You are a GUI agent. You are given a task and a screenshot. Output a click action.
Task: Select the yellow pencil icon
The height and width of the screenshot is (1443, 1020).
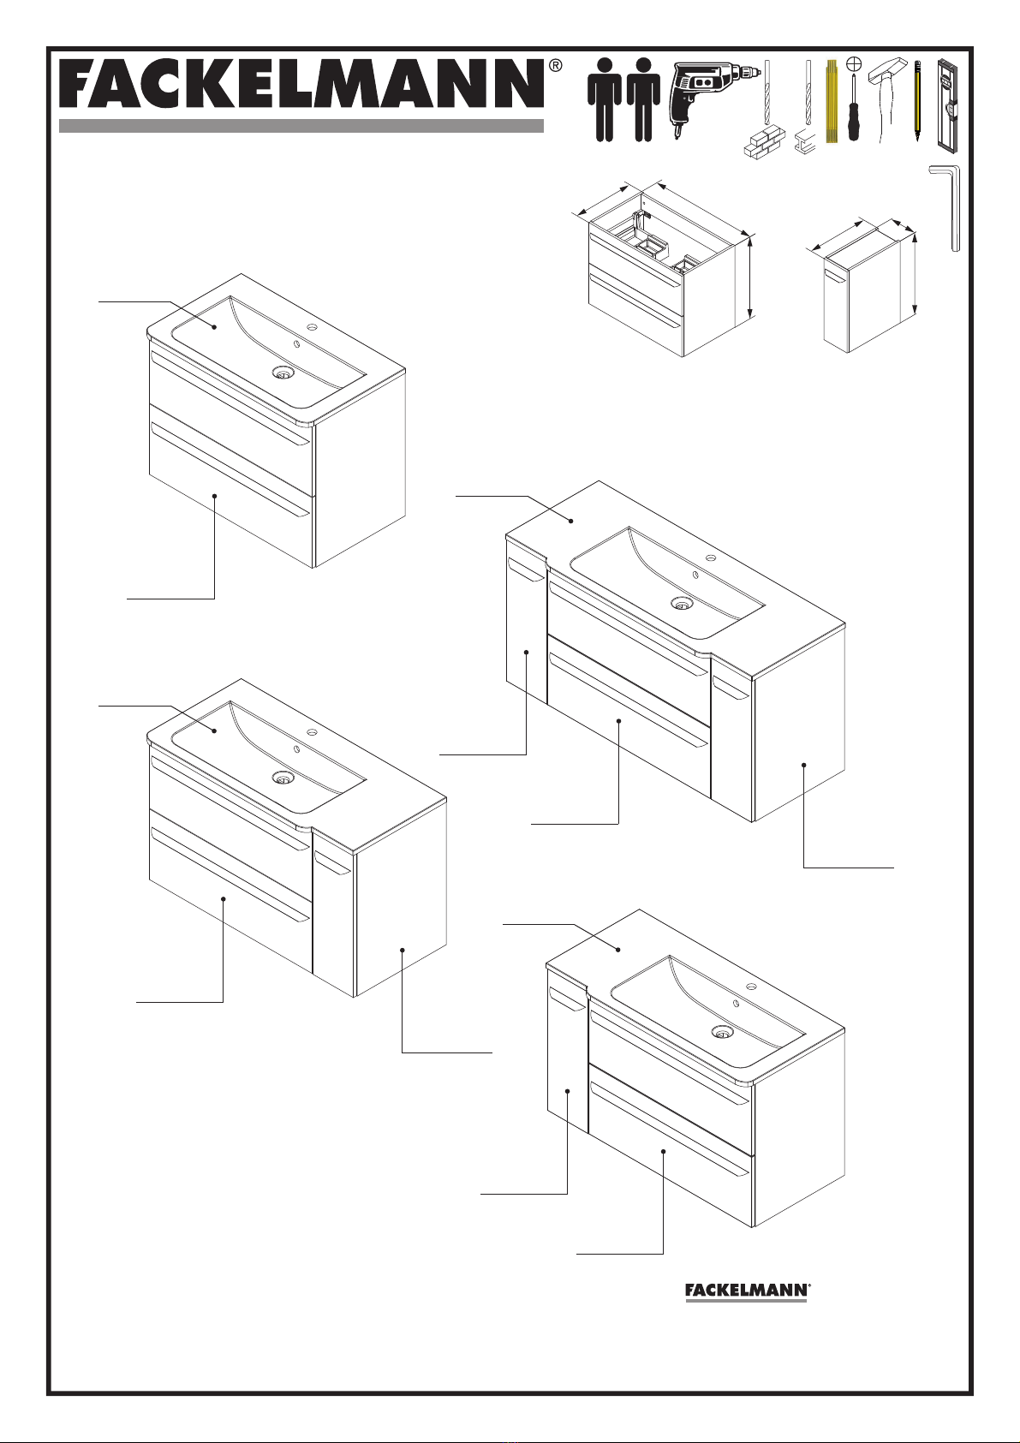pos(917,101)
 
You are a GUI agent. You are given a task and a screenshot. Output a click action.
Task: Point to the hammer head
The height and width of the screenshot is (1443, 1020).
pos(887,69)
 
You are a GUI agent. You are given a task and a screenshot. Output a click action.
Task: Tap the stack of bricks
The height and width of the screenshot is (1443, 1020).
pos(765,141)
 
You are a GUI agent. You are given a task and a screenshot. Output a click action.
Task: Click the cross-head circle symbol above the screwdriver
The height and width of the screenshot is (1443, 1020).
pos(854,63)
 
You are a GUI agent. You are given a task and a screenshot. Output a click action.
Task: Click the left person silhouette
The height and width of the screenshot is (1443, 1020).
pos(605,100)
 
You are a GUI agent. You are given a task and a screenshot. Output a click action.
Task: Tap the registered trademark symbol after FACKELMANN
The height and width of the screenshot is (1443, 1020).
pos(555,65)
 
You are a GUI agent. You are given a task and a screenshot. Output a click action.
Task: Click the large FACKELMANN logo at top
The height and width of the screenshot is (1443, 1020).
pos(301,84)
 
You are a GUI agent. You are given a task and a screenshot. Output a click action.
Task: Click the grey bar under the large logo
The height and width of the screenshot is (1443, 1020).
pos(301,126)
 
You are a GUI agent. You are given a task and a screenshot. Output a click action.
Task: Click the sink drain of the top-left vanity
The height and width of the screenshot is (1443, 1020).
pos(282,372)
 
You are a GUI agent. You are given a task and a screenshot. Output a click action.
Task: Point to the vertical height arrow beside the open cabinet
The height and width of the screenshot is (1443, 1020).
pos(750,277)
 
